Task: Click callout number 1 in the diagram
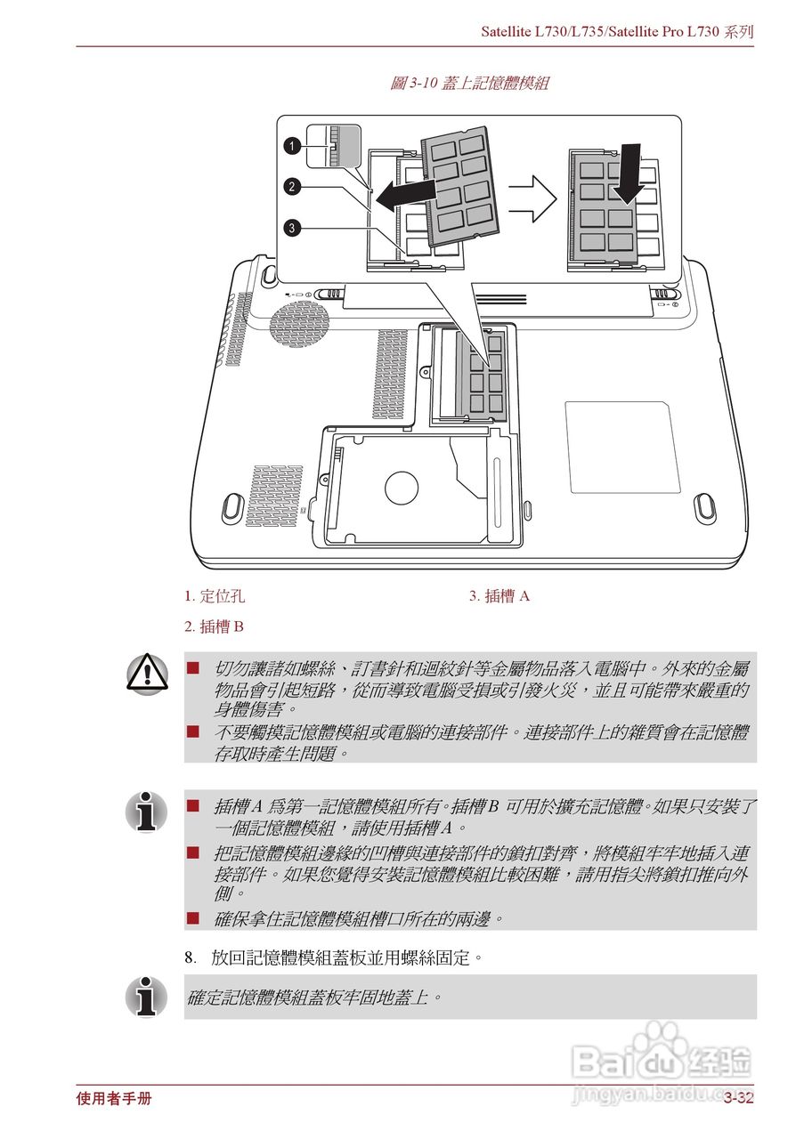292,144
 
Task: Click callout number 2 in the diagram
292,186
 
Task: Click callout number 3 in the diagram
292,229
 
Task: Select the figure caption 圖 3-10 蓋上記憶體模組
469,84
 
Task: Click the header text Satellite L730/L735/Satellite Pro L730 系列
617,31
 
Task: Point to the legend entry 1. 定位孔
214,596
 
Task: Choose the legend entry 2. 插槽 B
214,627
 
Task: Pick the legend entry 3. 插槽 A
499,596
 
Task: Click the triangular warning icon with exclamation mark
146,673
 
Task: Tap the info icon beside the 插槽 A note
146,812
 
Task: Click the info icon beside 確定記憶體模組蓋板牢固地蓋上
146,997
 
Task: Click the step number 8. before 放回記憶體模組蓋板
191,958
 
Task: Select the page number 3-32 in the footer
738,1098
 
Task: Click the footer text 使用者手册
114,1098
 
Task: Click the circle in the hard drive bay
401,486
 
